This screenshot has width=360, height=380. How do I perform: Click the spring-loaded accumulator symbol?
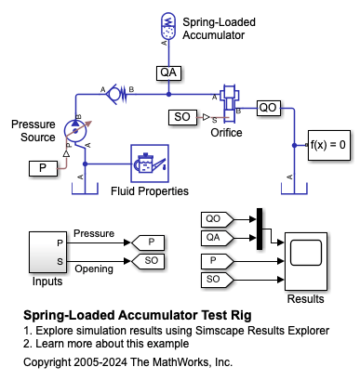pyautogui.click(x=168, y=26)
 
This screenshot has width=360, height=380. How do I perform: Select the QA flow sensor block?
pyautogui.click(x=168, y=72)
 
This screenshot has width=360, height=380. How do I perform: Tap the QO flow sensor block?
pyautogui.click(x=269, y=108)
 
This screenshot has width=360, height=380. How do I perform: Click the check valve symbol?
pyautogui.click(x=116, y=93)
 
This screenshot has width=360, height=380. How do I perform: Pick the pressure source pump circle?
pyautogui.click(x=75, y=130)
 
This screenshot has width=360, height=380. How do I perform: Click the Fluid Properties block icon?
pyautogui.click(x=150, y=164)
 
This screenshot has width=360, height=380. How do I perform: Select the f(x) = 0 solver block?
pyautogui.click(x=329, y=145)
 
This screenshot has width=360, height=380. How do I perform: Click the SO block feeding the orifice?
pyautogui.click(x=182, y=117)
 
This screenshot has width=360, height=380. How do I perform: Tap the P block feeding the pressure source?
pyautogui.click(x=43, y=168)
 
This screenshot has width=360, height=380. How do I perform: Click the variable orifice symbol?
pyautogui.click(x=229, y=101)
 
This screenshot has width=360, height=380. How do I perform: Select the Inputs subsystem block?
pyautogui.click(x=47, y=252)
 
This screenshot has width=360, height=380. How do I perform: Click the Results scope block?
pyautogui.click(x=306, y=261)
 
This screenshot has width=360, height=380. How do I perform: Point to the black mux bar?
pyautogui.click(x=260, y=229)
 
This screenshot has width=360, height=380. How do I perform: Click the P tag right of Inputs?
pyautogui.click(x=148, y=242)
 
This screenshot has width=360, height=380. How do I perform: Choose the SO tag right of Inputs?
pyautogui.click(x=148, y=261)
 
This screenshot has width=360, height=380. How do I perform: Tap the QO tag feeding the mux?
pyautogui.click(x=217, y=219)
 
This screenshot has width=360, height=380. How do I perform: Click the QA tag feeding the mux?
pyautogui.click(x=217, y=238)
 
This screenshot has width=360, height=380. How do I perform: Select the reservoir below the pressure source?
pyautogui.click(x=85, y=189)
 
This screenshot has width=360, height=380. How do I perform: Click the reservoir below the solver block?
pyautogui.click(x=294, y=189)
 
